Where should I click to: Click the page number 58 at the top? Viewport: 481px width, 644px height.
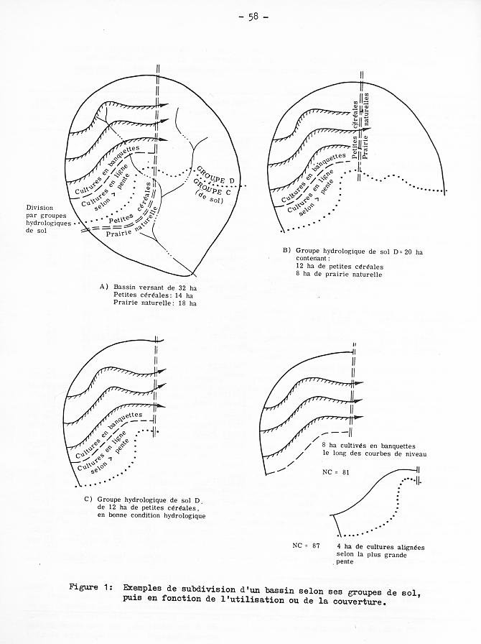click(x=253, y=17)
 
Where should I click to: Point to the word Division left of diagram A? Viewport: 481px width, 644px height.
click(x=39, y=208)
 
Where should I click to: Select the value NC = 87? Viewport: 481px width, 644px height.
click(x=306, y=546)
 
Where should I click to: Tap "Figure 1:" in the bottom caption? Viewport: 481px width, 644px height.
click(x=89, y=587)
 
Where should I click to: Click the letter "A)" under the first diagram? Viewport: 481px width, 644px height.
click(x=103, y=287)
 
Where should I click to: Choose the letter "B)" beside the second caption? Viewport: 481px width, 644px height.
click(x=286, y=251)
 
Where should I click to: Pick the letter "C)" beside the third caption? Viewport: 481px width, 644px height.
click(x=88, y=500)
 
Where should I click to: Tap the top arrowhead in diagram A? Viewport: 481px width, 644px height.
click(x=164, y=105)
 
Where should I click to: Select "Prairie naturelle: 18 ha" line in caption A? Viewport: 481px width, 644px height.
click(x=155, y=303)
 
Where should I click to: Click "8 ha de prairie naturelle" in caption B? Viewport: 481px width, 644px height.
click(x=339, y=274)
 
